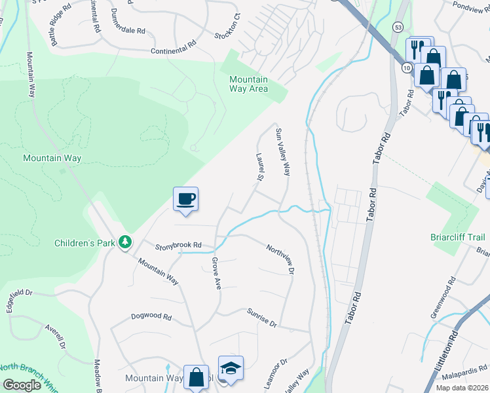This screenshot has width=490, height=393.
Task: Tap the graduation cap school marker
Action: click(x=231, y=368)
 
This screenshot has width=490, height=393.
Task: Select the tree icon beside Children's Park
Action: click(x=124, y=243)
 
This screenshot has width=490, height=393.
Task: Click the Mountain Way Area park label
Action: click(x=248, y=84)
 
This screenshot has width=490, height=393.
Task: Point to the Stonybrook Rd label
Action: click(x=178, y=247)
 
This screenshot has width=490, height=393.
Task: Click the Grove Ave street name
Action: click(x=215, y=273)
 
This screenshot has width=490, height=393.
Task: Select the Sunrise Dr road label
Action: click(x=262, y=319)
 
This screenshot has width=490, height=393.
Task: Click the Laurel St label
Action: click(x=259, y=168)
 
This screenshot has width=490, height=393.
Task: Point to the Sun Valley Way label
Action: click(x=282, y=152)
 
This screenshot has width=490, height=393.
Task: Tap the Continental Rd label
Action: click(x=173, y=48)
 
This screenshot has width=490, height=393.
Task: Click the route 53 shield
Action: click(x=398, y=27)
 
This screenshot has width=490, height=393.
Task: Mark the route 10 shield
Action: click(x=406, y=67)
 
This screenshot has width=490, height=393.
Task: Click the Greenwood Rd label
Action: click(x=443, y=297)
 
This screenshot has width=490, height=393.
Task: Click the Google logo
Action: click(x=21, y=384)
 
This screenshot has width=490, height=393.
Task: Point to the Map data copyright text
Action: click(x=462, y=388)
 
